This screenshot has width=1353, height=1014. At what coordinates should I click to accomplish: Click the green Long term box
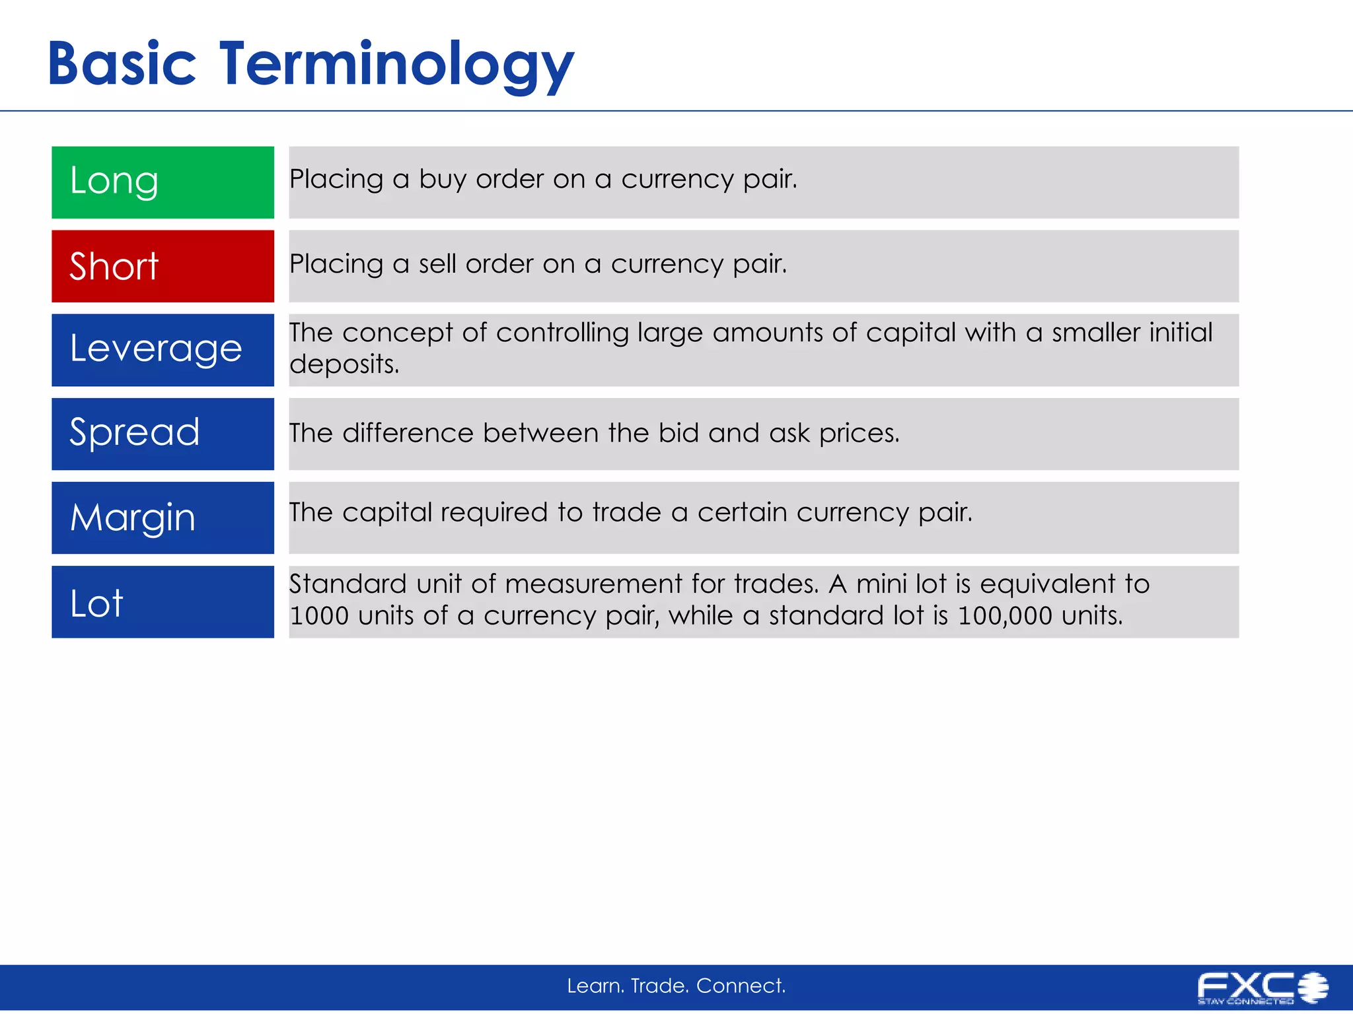163,182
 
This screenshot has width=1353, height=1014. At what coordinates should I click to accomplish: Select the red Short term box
163,266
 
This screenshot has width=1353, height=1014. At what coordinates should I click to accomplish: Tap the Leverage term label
156,349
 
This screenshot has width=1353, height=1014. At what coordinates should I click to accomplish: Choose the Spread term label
135,433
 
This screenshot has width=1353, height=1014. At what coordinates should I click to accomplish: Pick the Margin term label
133,518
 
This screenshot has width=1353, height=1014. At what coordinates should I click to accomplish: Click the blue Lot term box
163,602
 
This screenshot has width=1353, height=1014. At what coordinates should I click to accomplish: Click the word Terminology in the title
396,65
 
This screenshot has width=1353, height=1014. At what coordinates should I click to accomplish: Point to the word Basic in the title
122,65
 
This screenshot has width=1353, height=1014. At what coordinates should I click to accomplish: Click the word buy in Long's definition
443,180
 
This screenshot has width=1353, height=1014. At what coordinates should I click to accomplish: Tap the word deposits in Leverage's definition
344,364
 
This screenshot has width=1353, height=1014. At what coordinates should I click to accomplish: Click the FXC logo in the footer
1262,988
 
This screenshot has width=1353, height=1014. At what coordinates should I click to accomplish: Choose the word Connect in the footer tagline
741,986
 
